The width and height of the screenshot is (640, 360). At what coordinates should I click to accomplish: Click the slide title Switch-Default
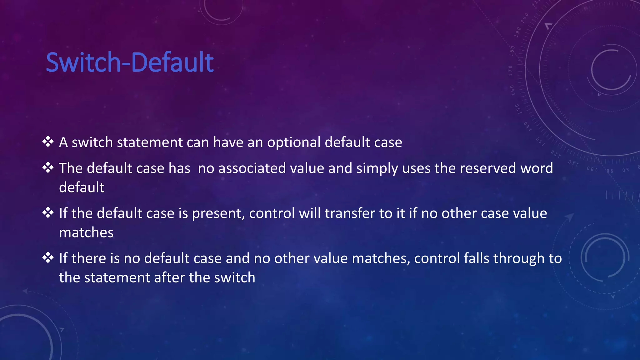click(130, 62)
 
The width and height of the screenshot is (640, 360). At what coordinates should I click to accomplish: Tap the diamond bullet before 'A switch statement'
click(48, 142)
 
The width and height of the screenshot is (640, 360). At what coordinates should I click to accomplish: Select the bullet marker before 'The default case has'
click(48, 167)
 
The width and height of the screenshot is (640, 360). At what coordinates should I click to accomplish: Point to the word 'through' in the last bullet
click(519, 259)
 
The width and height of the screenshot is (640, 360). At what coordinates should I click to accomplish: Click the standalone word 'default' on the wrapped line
click(82, 187)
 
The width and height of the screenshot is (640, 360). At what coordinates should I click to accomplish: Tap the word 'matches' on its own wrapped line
click(86, 232)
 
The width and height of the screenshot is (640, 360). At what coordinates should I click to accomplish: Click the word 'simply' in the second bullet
click(377, 169)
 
